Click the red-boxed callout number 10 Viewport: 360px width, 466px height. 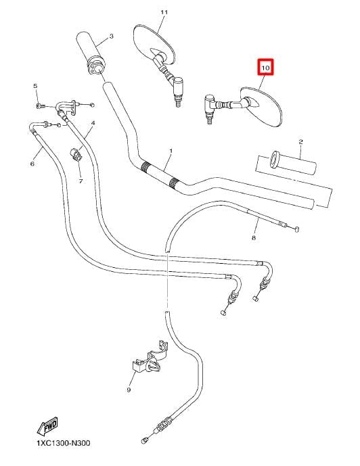click(265, 68)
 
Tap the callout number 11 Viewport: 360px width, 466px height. click(164, 12)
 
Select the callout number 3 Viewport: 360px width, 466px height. click(111, 37)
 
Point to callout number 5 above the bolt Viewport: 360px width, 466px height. click(35, 86)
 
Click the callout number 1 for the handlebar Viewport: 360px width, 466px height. click(171, 151)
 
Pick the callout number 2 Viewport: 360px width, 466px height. click(300, 142)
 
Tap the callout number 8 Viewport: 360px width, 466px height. click(254, 238)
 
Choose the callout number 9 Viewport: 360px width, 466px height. click(129, 390)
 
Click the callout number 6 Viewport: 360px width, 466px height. click(32, 164)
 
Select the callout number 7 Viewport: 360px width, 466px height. click(81, 181)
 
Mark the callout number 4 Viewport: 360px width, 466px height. click(93, 122)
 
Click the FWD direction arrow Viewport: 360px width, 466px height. click(47, 427)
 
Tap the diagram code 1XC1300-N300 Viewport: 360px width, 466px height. click(64, 443)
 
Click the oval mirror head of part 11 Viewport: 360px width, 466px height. click(154, 45)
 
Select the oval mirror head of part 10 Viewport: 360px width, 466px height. click(261, 107)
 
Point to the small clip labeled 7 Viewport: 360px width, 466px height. click(75, 155)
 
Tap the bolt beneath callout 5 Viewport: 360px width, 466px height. click(40, 106)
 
